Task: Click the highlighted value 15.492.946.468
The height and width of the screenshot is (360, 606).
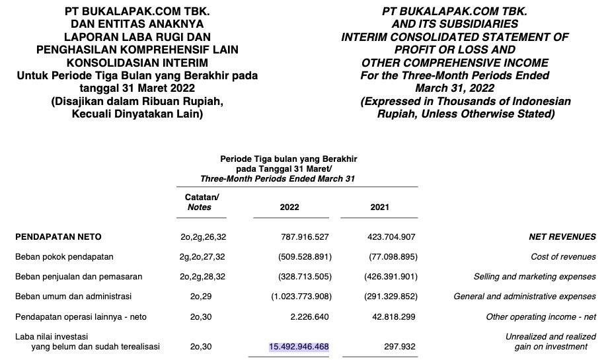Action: (x=299, y=346)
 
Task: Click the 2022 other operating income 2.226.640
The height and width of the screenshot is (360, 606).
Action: (x=309, y=316)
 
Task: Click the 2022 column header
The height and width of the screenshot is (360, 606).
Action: (x=289, y=207)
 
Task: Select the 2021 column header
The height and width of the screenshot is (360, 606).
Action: (x=379, y=207)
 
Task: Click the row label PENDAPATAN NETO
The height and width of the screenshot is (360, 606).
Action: (x=58, y=236)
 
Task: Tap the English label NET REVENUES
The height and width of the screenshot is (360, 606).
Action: (x=562, y=236)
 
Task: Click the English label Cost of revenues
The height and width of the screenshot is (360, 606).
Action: (x=563, y=256)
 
